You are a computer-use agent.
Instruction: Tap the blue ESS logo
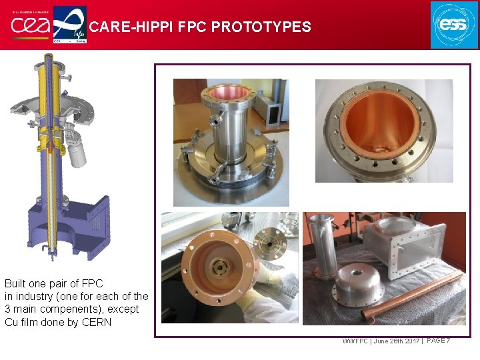[454, 25]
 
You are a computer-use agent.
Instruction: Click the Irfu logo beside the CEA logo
[69, 25]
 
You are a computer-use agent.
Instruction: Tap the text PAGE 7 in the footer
[439, 341]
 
